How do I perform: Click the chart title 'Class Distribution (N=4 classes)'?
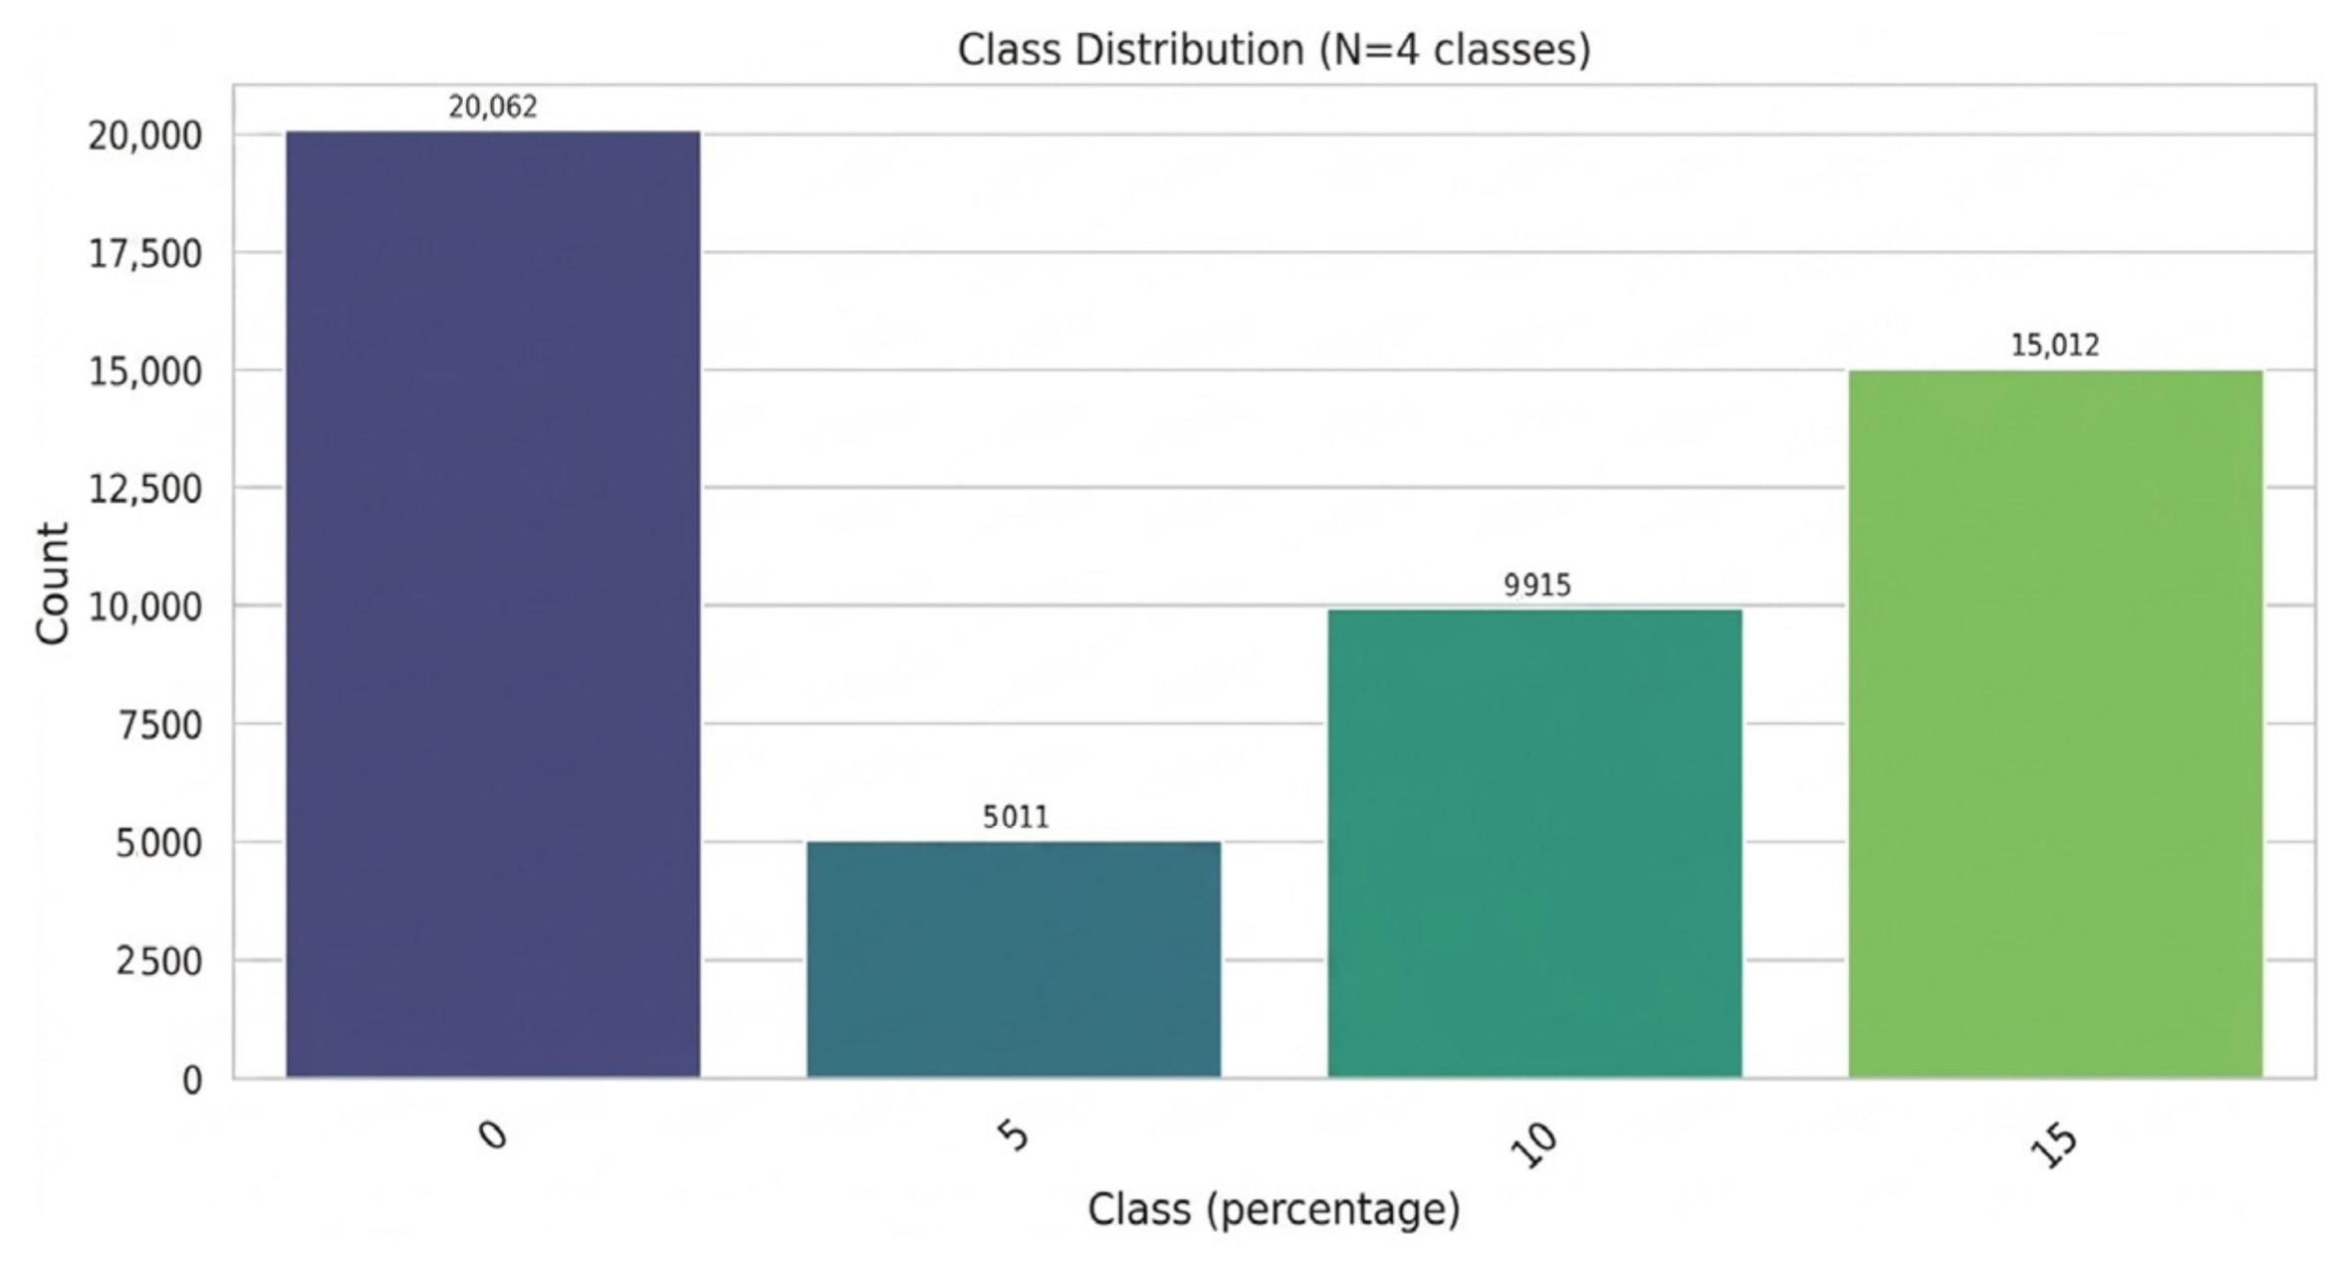1274,50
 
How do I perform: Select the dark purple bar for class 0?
493,605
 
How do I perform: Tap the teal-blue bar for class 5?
1014,959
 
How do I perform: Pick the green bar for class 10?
1534,844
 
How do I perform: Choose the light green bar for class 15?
2055,724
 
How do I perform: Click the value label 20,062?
493,107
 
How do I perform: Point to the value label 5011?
1016,817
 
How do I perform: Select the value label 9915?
1537,585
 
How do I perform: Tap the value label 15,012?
2055,346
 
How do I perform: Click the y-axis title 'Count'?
52,584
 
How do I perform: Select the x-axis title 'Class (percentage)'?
1274,1210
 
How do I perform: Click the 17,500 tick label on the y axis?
145,254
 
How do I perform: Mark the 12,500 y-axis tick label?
145,489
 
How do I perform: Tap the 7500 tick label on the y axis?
159,725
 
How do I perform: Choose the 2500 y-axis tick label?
159,961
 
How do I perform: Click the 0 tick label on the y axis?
192,1080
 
